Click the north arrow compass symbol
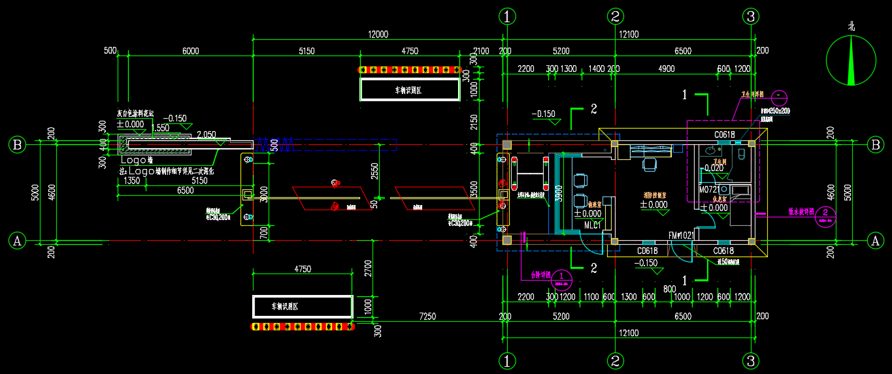851,61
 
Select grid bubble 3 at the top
752,16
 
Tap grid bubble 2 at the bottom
614,360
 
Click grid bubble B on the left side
17,144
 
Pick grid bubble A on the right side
875,241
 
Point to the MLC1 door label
592,225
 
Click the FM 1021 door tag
681,236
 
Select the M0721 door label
709,189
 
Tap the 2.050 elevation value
206,134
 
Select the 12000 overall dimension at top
378,35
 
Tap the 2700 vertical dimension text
367,270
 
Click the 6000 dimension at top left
190,51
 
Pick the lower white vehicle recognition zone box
302,306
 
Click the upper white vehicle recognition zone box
410,89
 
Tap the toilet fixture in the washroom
742,154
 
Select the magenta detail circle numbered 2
826,213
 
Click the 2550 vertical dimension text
373,172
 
